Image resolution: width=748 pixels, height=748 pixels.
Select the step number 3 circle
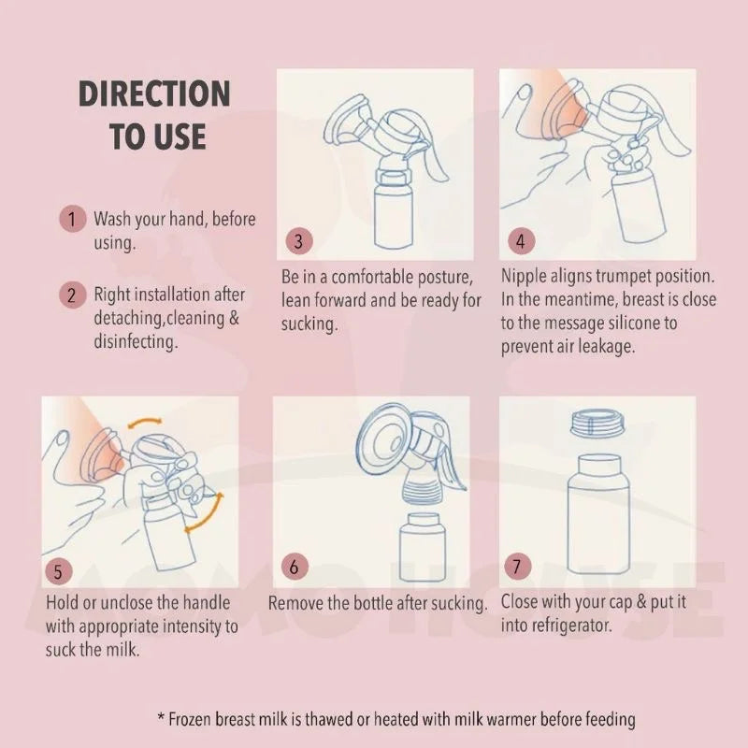(297, 240)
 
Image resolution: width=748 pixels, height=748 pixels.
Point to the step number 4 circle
(521, 240)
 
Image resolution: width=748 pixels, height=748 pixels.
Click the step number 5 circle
(59, 568)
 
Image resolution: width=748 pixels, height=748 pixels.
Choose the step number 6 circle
(294, 567)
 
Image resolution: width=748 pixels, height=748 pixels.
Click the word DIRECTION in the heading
(153, 94)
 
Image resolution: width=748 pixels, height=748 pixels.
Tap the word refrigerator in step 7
(569, 626)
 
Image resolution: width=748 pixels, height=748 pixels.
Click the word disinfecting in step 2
(137, 341)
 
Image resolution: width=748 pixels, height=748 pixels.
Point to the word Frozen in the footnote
(193, 719)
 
